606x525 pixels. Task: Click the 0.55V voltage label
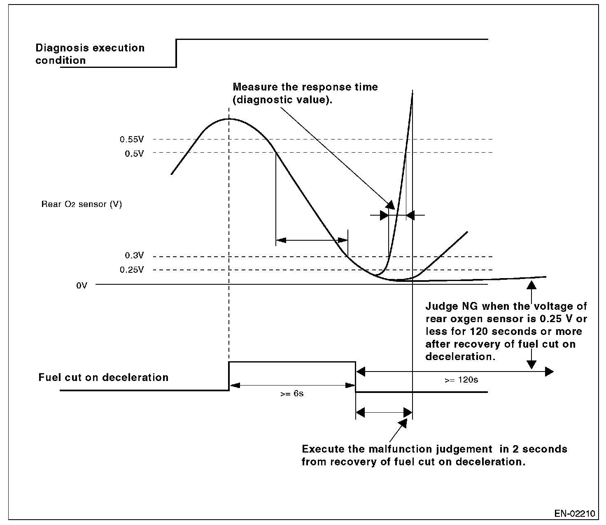pos(132,139)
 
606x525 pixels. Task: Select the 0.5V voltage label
pos(135,153)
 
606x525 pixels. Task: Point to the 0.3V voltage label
pos(135,256)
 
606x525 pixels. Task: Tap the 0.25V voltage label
pos(132,270)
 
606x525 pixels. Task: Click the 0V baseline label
pos(82,285)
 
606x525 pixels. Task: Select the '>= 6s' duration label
pos(292,394)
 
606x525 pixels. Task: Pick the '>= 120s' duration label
pos(461,380)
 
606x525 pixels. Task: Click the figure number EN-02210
pos(574,514)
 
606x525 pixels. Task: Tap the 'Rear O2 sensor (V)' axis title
pos(82,204)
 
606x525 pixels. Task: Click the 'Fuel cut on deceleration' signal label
pos(103,377)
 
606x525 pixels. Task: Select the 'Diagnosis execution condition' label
pos(90,54)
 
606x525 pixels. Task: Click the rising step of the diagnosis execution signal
pos(177,53)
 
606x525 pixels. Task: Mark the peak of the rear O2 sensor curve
pos(228,119)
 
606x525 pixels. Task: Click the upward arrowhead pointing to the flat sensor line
pos(531,285)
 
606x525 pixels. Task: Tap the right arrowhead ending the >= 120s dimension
pos(549,372)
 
